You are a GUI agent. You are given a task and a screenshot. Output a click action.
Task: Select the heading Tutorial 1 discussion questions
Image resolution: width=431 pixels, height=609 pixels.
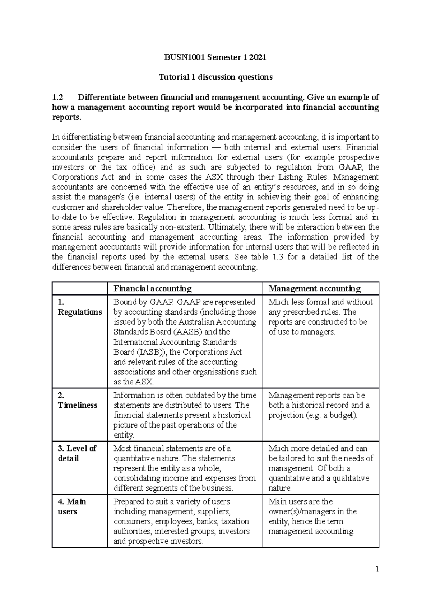[215, 77]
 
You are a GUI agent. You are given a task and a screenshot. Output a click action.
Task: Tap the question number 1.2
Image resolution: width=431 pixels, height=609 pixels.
[57, 98]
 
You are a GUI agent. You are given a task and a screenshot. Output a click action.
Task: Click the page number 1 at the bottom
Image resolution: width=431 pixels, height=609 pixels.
[377, 569]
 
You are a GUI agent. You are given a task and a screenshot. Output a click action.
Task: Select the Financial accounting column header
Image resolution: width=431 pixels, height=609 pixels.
[153, 289]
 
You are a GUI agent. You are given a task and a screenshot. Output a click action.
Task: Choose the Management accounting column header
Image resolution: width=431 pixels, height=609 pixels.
[315, 289]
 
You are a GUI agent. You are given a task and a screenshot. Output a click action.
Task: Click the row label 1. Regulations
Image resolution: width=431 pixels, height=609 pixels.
[80, 307]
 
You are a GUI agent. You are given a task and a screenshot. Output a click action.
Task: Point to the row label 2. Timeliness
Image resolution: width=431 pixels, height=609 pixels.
[78, 400]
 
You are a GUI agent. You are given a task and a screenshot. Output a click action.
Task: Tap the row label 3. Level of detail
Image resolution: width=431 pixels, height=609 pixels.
[77, 453]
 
